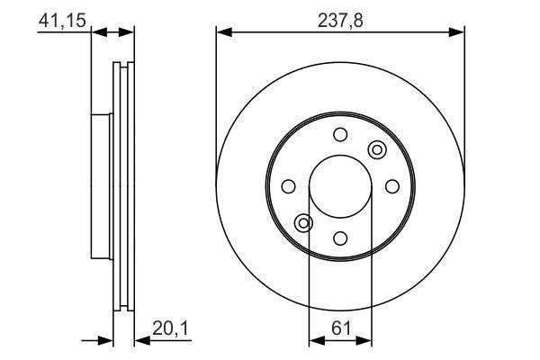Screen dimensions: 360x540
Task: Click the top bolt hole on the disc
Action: click(340, 134)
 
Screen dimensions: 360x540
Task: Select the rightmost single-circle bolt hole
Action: click(392, 185)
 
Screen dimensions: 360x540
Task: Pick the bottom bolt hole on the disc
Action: click(340, 238)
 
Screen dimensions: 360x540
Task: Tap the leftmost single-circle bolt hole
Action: click(288, 186)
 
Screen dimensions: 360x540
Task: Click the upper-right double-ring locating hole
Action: click(376, 149)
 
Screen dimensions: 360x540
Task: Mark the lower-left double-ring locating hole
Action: click(304, 222)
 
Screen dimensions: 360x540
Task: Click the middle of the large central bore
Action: click(340, 186)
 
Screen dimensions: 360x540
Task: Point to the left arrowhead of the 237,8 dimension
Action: click(222, 33)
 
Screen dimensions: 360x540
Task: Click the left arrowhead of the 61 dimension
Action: click(315, 341)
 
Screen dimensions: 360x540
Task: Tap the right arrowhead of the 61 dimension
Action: click(365, 341)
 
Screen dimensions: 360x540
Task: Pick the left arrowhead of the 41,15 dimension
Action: click(99, 33)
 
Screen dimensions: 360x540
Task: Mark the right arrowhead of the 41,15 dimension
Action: click(128, 33)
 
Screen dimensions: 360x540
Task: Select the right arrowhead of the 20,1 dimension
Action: click(140, 341)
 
